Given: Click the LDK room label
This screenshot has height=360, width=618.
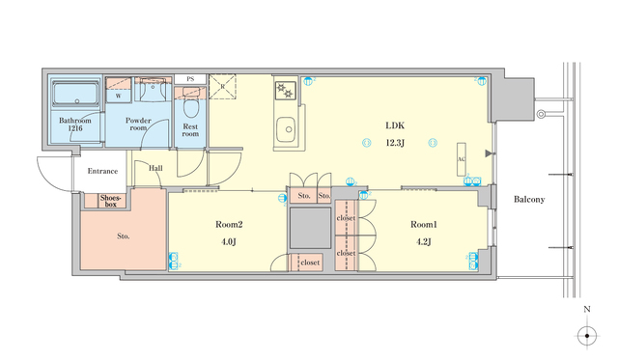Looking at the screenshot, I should (395, 125).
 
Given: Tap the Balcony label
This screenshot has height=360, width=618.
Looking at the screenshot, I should (529, 200).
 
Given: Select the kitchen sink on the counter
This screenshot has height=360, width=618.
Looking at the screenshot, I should (285, 128).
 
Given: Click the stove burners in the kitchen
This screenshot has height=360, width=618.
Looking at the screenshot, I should (285, 91).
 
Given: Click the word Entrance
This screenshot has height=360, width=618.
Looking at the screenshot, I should (102, 171).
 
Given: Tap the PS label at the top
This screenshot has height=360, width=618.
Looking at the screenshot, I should (190, 78).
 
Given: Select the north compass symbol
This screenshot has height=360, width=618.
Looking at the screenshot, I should (587, 336).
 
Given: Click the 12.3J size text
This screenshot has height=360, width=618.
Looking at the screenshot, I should (395, 142).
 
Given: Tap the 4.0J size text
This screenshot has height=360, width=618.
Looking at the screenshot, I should (229, 241).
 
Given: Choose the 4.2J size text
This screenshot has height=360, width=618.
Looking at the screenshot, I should (424, 241).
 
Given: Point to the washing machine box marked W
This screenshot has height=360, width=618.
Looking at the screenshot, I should (118, 96).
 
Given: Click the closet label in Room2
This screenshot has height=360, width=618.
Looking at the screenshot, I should (310, 262).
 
